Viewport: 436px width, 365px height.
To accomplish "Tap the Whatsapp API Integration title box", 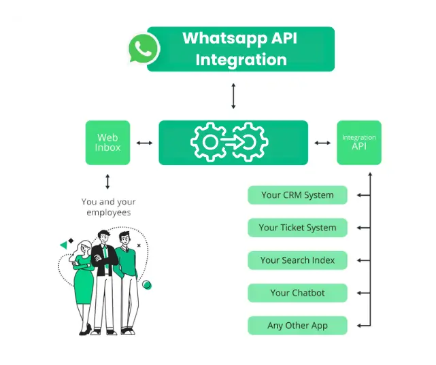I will [241, 49].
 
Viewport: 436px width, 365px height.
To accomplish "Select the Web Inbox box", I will [107, 143].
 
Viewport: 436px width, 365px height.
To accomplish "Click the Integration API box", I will [358, 143].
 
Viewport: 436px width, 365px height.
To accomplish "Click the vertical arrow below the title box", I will [233, 96].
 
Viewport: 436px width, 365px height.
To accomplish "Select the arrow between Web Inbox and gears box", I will [144, 143].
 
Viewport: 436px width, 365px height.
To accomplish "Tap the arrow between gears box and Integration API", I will [322, 143].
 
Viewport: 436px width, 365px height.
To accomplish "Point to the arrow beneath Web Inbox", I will [107, 181].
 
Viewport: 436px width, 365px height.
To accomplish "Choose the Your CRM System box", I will [297, 195].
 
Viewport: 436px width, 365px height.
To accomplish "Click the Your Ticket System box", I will [297, 228].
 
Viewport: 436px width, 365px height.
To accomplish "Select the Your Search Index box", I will [297, 260].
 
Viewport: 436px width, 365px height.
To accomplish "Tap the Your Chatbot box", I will [297, 293].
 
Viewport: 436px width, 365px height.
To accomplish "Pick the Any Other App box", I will [297, 326].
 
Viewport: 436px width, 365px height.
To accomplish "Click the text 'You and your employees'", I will [108, 207].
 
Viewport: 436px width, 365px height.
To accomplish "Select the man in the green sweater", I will [125, 279].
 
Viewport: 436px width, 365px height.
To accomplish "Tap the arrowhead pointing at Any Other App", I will [358, 326].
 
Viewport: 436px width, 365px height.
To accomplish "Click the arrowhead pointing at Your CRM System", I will [358, 195].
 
